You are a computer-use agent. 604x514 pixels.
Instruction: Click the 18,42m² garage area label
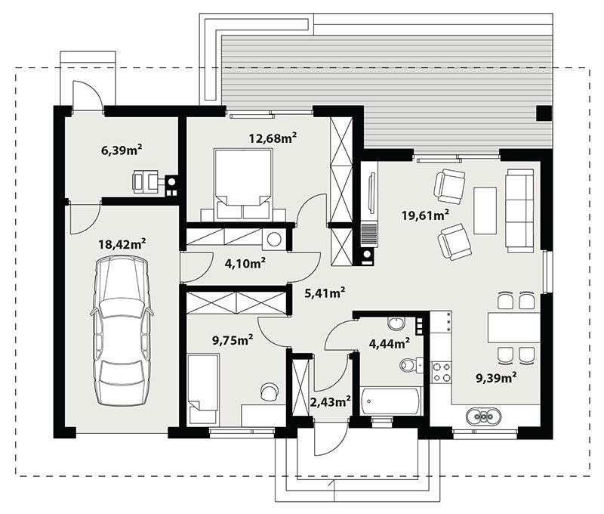(122, 244)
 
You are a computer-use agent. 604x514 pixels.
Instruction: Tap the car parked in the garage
(122, 332)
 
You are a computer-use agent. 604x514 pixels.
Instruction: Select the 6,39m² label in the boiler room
(122, 150)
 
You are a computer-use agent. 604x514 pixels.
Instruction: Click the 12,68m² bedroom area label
(273, 138)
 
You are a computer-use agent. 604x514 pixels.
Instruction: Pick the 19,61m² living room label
(425, 215)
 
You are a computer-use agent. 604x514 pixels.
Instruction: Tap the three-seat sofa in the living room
(520, 211)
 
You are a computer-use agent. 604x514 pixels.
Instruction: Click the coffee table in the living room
(485, 211)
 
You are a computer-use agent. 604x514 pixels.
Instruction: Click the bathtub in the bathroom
(391, 402)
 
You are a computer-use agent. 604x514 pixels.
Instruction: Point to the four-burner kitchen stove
(441, 373)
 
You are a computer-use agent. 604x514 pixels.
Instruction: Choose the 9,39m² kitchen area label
(497, 378)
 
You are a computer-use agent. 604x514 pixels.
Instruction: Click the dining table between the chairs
(514, 328)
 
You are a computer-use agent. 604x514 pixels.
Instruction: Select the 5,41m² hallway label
(325, 293)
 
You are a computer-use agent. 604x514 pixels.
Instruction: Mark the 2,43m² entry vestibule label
(330, 402)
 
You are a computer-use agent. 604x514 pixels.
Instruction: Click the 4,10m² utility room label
(245, 263)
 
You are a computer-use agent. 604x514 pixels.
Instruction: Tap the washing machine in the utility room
(274, 240)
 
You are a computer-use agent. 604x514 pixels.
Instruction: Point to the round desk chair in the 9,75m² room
(270, 392)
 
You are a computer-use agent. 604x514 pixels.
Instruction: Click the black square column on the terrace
(544, 113)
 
